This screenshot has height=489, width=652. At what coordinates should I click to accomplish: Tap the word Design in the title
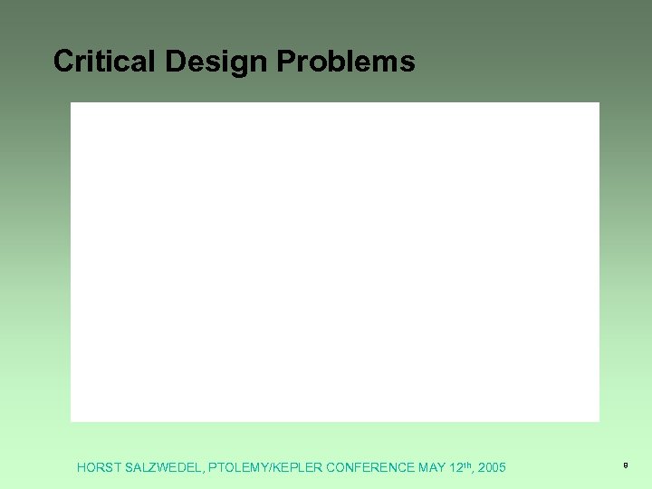pyautogui.click(x=216, y=62)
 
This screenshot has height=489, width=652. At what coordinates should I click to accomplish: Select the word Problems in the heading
pyautogui.click(x=345, y=61)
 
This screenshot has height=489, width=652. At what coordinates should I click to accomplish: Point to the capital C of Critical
pyautogui.click(x=63, y=61)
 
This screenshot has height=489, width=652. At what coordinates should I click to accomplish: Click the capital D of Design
pyautogui.click(x=174, y=61)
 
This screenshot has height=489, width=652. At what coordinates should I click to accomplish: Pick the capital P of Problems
pyautogui.click(x=284, y=61)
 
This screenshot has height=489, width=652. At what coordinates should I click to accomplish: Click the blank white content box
pyautogui.click(x=335, y=262)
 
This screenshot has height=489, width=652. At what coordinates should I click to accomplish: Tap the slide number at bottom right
pyautogui.click(x=625, y=465)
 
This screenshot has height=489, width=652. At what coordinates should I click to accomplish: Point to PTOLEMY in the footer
pyautogui.click(x=240, y=468)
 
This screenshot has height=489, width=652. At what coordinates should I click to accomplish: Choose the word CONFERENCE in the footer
pyautogui.click(x=370, y=468)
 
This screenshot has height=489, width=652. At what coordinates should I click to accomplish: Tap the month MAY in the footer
pyautogui.click(x=432, y=468)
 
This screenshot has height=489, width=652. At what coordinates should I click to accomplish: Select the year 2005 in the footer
pyautogui.click(x=492, y=468)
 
